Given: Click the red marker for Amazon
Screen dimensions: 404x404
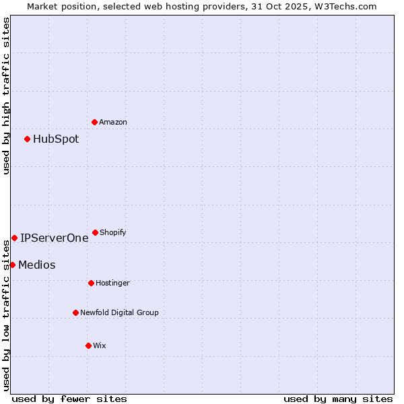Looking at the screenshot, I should [94, 122].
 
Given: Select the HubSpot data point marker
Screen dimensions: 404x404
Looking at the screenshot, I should [27, 139].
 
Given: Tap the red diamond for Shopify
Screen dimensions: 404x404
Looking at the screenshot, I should [95, 232].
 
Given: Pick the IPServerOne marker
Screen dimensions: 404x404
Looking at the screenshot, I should [14, 238].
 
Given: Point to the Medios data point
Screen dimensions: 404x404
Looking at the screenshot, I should [12, 265].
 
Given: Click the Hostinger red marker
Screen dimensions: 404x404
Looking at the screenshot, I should [91, 283].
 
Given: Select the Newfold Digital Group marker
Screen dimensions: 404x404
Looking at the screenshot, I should [75, 312].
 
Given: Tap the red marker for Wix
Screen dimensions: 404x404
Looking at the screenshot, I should [88, 345].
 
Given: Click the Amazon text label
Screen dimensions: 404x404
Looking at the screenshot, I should [113, 122].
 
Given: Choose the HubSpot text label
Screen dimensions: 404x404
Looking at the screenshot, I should [56, 139].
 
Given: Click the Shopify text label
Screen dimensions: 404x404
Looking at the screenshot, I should [113, 232].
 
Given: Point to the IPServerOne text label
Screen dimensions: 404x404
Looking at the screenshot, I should [54, 238].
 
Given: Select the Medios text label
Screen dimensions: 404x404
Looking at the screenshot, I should [37, 265].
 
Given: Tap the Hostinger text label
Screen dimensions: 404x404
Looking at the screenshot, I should [112, 283].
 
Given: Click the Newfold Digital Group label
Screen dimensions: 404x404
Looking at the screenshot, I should [119, 312].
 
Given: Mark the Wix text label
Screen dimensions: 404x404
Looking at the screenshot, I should [100, 345].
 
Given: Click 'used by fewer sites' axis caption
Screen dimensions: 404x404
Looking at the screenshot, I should [69, 399].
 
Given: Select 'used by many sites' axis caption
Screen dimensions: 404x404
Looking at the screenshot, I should [338, 399].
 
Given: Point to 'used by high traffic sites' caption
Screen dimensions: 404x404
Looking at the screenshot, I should [6, 96].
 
